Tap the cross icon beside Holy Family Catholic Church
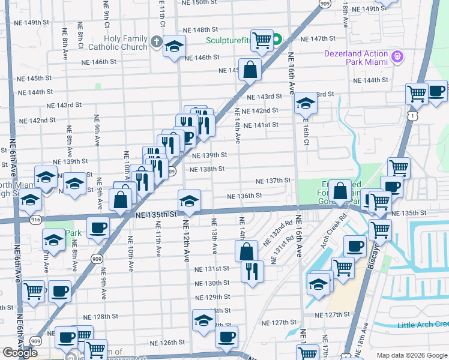point(157,42)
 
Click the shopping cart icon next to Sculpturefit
point(262,41)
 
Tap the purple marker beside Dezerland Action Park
point(396,58)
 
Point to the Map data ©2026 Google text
point(412,355)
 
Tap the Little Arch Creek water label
point(422,325)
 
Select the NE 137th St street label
point(273,181)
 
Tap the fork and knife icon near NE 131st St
point(252,271)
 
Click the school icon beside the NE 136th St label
point(189,202)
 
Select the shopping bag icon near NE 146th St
point(250,69)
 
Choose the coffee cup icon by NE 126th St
point(226,337)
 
